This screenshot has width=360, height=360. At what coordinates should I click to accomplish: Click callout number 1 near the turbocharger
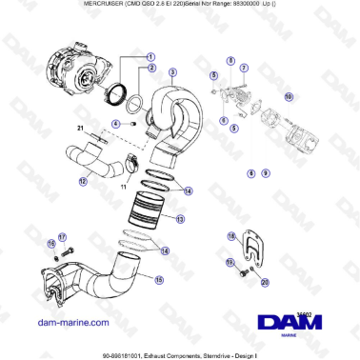click(150, 56)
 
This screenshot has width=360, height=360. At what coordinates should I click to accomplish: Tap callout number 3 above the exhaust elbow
click(171, 72)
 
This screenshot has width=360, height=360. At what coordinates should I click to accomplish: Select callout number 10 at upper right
click(290, 95)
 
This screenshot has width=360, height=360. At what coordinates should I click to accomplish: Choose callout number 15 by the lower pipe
click(159, 280)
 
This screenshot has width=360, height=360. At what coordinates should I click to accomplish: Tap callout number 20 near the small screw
click(265, 281)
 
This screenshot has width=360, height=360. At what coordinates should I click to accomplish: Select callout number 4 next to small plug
click(115, 123)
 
